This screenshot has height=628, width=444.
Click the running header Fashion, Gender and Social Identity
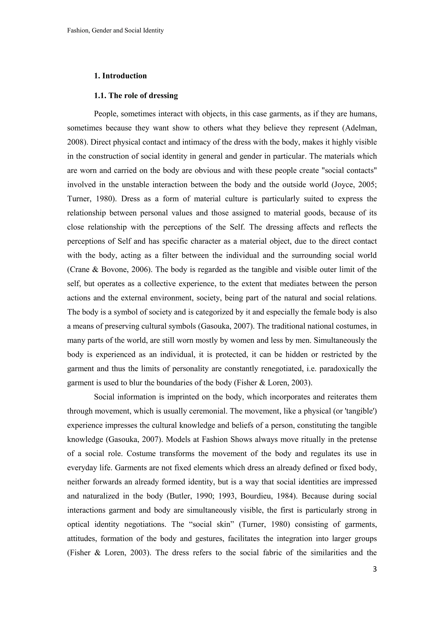(115, 31)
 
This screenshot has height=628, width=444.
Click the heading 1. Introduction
(120, 76)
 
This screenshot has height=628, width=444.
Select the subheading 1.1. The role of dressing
(136, 95)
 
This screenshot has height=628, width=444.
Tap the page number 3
(375, 569)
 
